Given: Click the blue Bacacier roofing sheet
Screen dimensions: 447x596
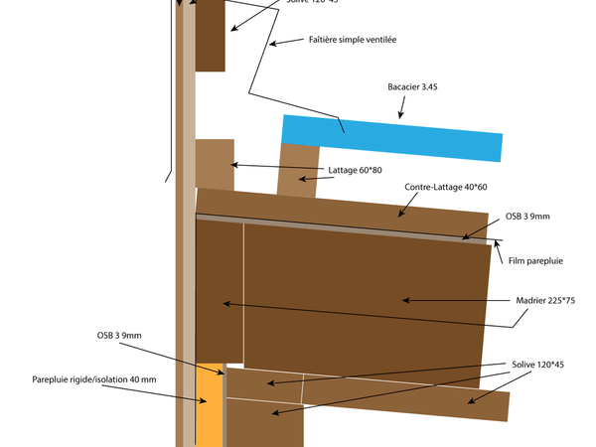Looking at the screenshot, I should (x=392, y=137).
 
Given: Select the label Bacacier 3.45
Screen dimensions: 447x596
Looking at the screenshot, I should (x=412, y=87).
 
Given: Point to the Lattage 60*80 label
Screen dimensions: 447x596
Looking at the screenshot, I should (x=355, y=170).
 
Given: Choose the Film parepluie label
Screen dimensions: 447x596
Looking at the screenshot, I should (x=535, y=261).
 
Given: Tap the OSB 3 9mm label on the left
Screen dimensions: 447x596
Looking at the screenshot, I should (x=119, y=336).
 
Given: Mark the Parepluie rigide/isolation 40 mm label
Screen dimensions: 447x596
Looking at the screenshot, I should (x=95, y=378).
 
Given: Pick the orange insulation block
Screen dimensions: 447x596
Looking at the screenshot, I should (x=210, y=406).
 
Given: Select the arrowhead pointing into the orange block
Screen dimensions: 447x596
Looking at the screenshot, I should (x=203, y=402).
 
